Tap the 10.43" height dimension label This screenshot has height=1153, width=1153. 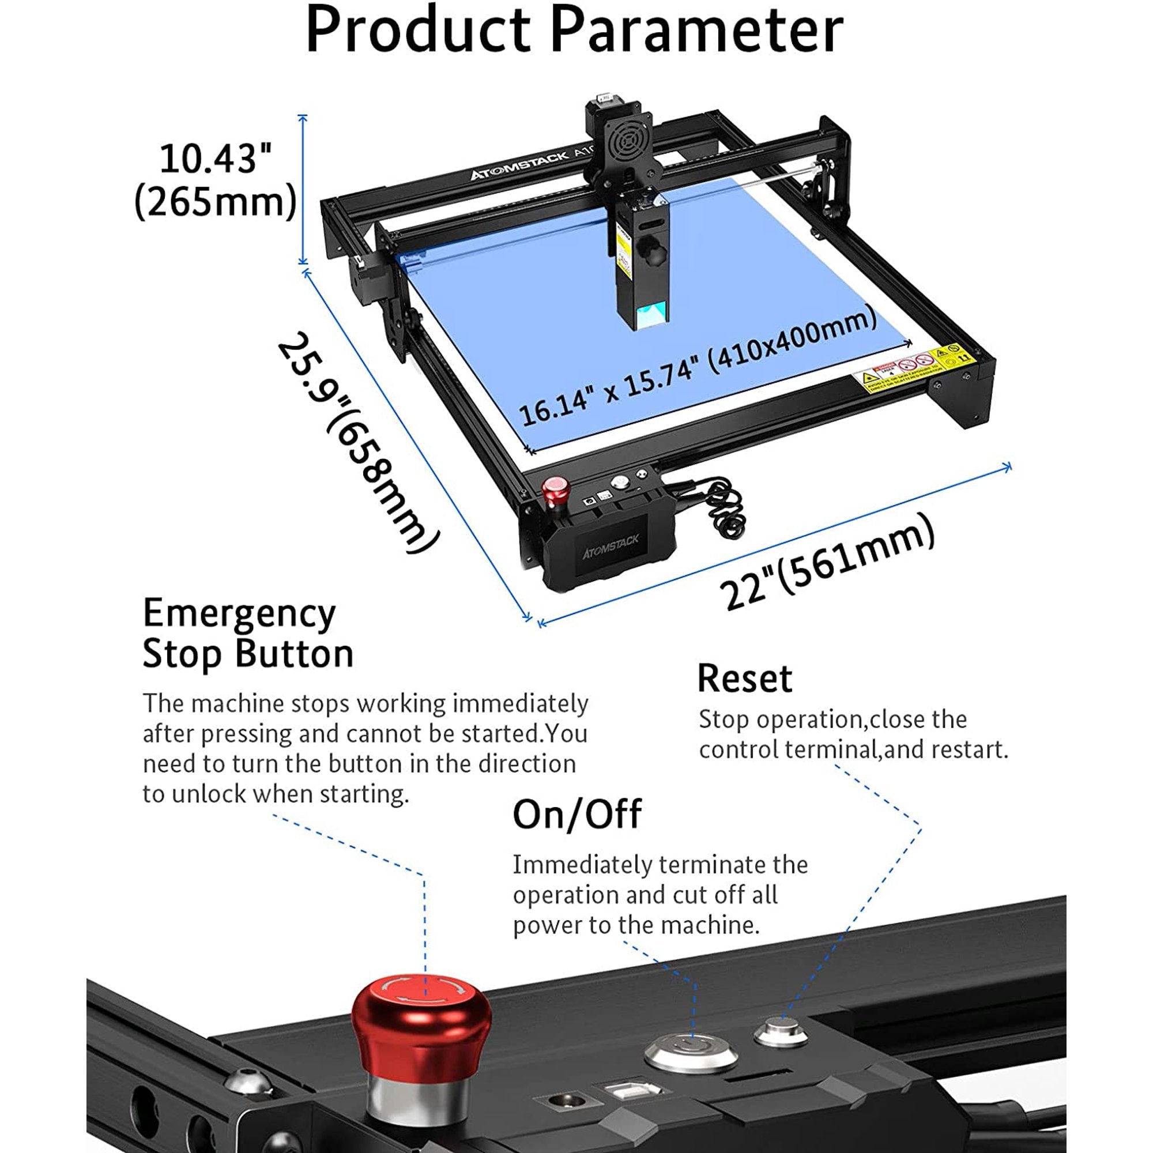pyautogui.click(x=215, y=159)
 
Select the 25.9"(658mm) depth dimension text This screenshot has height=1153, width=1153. pyautogui.click(x=359, y=442)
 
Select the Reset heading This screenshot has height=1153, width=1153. pyautogui.click(x=744, y=679)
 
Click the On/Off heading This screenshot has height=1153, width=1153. pyautogui.click(x=576, y=814)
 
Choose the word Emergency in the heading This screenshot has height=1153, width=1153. pyautogui.click(x=239, y=613)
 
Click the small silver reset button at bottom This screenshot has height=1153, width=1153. pyautogui.click(x=781, y=1031)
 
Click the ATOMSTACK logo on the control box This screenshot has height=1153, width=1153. pyautogui.click(x=610, y=546)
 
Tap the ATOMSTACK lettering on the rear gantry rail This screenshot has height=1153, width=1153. pyautogui.click(x=519, y=166)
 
